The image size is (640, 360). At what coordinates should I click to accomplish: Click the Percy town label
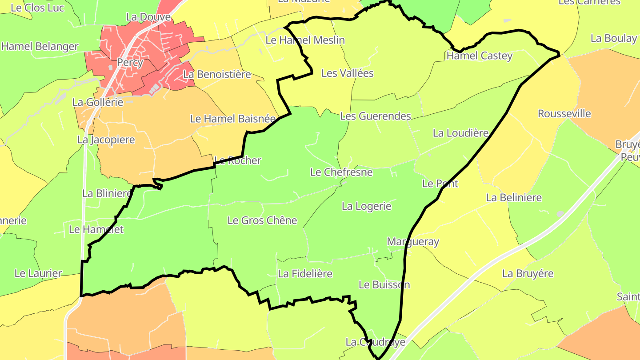tap(130, 63)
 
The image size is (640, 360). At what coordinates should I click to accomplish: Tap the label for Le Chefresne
tap(341, 172)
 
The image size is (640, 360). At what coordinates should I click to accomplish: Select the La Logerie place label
tap(367, 206)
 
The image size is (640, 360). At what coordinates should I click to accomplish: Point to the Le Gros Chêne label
tap(262, 220)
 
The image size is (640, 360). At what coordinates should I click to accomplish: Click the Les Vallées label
tap(348, 73)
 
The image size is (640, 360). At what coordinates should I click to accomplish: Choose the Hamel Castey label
tap(480, 56)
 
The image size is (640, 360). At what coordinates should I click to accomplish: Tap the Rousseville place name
tap(564, 114)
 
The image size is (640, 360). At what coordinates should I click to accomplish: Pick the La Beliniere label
tap(514, 198)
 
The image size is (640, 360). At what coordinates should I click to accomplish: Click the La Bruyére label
tap(528, 274)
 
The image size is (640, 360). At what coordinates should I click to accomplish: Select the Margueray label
tap(413, 242)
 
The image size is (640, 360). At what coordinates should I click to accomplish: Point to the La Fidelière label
tap(305, 274)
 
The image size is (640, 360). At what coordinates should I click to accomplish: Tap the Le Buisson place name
tap(384, 285)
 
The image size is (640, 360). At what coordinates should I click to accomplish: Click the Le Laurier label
tap(38, 273)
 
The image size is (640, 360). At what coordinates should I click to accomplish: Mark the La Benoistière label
tap(217, 75)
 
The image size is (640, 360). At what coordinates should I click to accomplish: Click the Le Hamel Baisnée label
tap(233, 119)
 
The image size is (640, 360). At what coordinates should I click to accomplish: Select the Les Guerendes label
tap(376, 116)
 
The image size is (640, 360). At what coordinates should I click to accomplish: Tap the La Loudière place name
tap(461, 133)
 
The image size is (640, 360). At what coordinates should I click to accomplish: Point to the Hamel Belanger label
tap(40, 46)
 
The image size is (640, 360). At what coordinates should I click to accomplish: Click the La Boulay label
tap(614, 39)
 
